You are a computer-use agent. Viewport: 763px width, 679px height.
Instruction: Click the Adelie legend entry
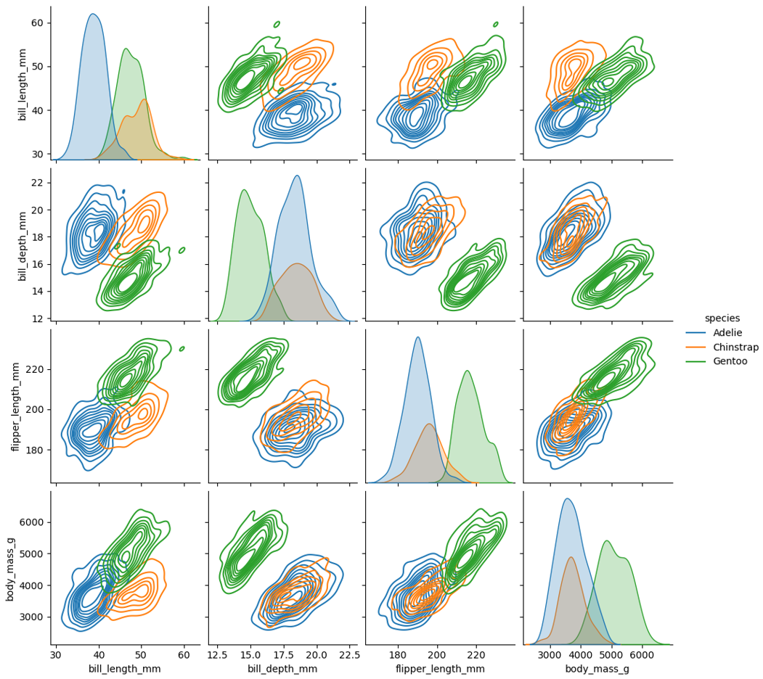(x=727, y=333)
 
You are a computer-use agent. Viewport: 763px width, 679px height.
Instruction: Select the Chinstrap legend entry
(x=735, y=347)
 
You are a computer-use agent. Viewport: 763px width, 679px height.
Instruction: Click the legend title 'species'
(x=722, y=318)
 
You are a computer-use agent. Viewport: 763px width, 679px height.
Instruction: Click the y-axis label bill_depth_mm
(x=23, y=244)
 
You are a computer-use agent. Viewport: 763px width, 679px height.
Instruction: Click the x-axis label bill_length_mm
(x=125, y=668)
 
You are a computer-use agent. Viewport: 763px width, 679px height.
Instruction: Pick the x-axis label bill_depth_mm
(x=282, y=668)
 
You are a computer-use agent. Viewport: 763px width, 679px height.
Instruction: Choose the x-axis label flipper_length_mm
(x=440, y=668)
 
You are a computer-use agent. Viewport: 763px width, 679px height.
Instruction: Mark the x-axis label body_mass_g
(x=597, y=668)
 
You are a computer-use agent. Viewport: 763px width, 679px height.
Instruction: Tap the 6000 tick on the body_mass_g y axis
(x=32, y=522)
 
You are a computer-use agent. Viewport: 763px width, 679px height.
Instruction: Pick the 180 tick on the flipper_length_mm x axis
(x=398, y=654)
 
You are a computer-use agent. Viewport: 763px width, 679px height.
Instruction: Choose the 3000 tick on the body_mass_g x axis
(x=550, y=654)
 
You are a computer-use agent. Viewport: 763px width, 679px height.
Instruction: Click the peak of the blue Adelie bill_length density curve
(x=93, y=14)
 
